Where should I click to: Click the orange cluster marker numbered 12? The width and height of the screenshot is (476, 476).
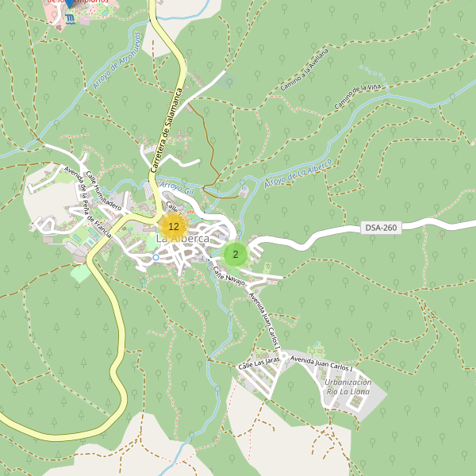[x=173, y=226]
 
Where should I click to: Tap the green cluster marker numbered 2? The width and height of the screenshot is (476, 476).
[x=236, y=255]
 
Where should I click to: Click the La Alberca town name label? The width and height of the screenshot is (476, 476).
[x=182, y=239]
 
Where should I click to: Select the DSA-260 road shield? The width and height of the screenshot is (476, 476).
[x=380, y=228]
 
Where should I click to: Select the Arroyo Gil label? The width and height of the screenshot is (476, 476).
[x=177, y=188]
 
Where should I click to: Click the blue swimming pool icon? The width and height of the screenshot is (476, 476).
[x=70, y=19]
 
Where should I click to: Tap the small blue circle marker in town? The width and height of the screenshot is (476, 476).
[x=155, y=257]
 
